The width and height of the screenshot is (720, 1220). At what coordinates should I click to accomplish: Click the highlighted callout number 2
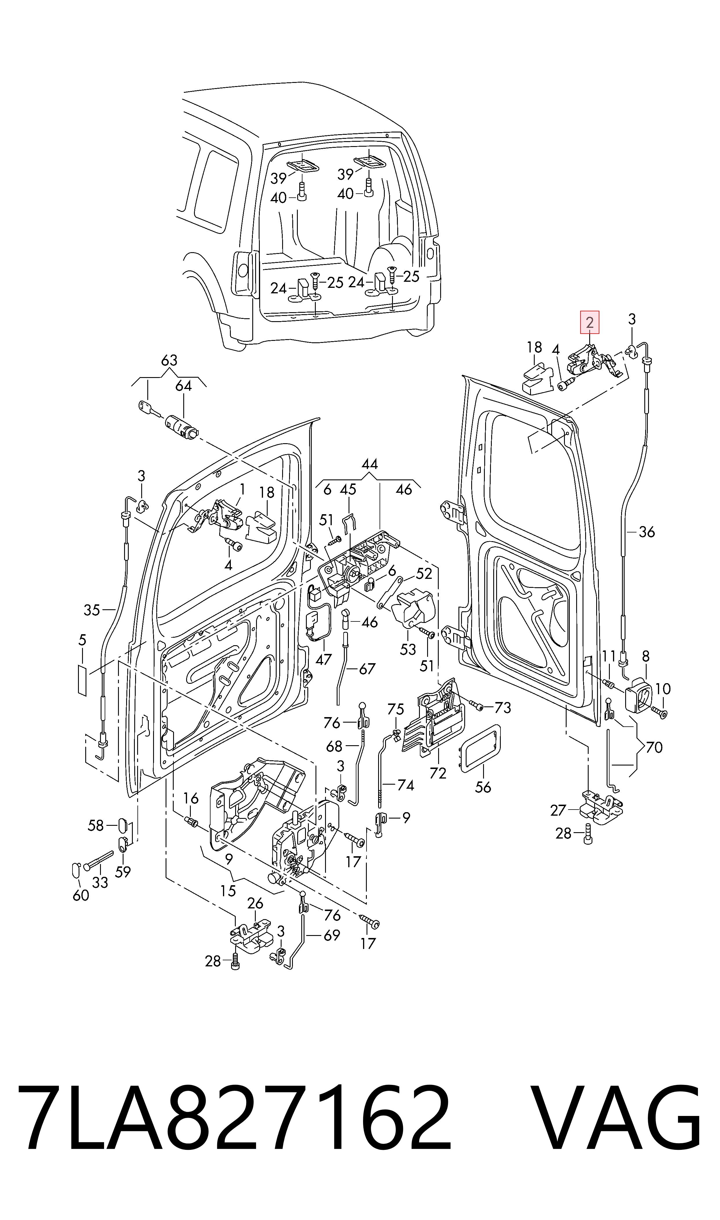coord(590,322)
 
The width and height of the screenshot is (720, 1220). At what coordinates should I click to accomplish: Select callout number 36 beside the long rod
coord(647,532)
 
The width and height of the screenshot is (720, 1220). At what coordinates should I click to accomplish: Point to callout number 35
coord(92,610)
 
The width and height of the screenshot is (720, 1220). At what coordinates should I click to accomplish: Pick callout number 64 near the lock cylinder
coord(183,386)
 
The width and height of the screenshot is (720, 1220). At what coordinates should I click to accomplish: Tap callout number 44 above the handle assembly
coord(370,464)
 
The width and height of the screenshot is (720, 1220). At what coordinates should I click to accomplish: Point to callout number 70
coord(654,747)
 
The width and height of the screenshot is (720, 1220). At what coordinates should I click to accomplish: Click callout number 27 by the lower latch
coord(558,810)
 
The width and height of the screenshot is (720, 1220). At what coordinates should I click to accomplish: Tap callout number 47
coord(324,659)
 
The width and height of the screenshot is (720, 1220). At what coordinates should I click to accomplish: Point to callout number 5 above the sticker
coord(82,640)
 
